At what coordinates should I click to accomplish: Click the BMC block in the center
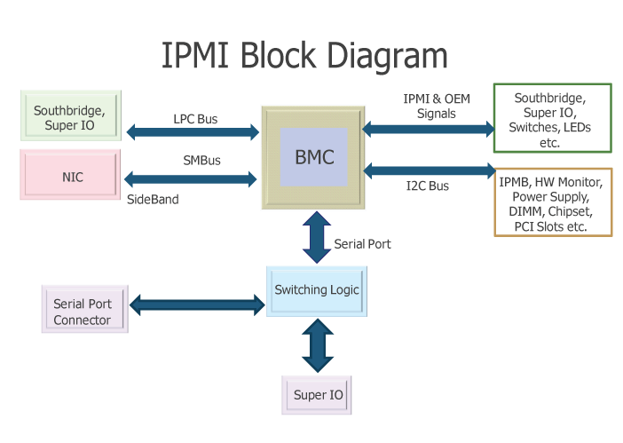(x=314, y=157)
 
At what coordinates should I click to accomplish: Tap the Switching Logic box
(x=317, y=290)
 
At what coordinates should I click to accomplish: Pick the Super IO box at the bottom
(x=317, y=393)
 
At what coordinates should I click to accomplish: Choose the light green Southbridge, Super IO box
(x=69, y=118)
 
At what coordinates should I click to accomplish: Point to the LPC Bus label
(x=195, y=119)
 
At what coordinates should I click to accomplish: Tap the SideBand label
(x=153, y=200)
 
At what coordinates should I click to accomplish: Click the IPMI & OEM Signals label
(x=436, y=107)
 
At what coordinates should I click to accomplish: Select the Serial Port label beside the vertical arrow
(x=362, y=243)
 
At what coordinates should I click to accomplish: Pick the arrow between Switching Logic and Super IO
(x=317, y=346)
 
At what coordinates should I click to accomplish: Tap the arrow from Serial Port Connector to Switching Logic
(x=197, y=305)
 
